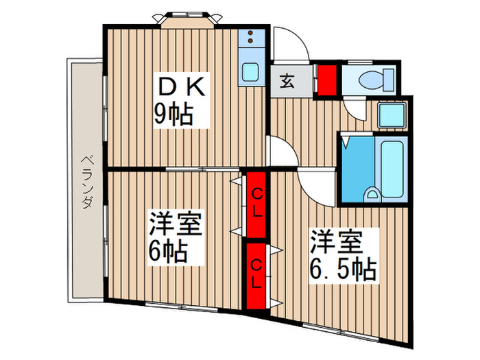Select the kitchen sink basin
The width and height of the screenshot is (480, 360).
250,71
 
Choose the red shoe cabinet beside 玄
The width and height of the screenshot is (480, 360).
327,79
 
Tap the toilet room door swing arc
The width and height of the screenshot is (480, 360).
356,110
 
